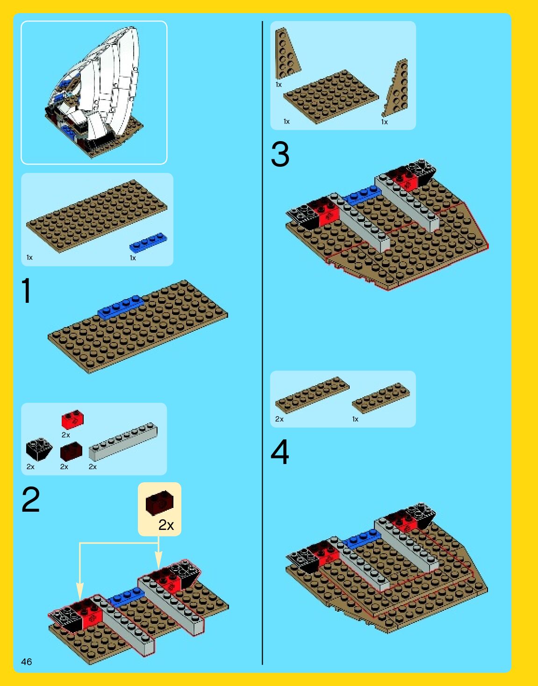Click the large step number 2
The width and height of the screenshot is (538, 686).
coord(31,499)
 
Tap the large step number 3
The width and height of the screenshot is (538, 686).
coord(280,154)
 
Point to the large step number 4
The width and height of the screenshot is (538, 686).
coord(280,452)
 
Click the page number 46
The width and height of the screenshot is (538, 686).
coord(27,662)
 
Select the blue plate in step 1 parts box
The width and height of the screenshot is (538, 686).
coord(148,243)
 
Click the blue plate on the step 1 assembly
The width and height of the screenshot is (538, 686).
coord(121,307)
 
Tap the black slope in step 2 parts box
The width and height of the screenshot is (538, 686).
coord(39,449)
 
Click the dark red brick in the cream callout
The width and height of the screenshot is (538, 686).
coord(159,503)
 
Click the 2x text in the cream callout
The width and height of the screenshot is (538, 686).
coord(166,525)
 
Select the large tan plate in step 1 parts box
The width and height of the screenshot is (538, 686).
coord(97,216)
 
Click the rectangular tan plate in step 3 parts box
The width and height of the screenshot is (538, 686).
coord(331,97)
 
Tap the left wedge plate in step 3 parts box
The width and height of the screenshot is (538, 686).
coord(287,54)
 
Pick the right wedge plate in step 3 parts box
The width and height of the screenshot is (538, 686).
coord(395,88)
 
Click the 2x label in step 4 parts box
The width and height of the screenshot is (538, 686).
coord(280,419)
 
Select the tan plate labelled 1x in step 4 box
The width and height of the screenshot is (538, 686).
coord(381,398)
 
